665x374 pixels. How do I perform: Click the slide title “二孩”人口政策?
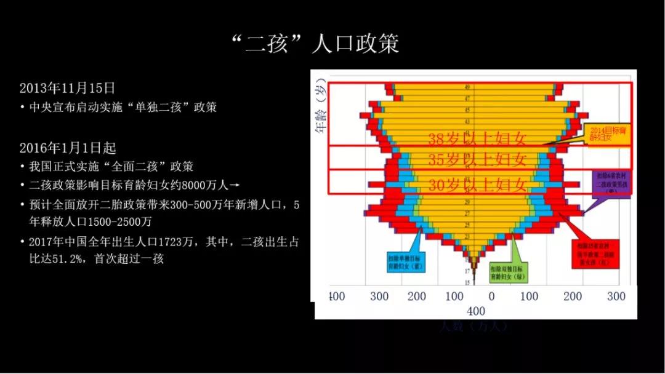pos(313,44)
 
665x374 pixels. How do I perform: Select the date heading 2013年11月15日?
pos(67,88)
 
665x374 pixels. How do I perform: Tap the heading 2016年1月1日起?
pos(68,148)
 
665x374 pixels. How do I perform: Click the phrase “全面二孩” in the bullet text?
pos(135,167)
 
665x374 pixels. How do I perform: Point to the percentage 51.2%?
pos(68,259)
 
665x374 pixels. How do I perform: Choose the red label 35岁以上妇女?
pos(477,160)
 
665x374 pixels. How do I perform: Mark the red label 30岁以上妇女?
pos(477,184)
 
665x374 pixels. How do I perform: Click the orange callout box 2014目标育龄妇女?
pos(610,134)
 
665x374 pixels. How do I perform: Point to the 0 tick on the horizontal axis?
pos(491,296)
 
